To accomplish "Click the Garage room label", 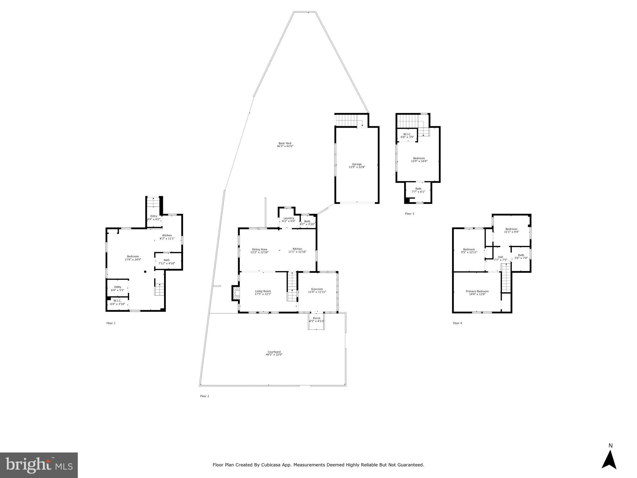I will tap(357, 164).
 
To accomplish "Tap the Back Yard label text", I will tap(285, 143).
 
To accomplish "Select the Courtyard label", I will tap(274, 352).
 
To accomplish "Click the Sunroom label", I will tap(317, 289).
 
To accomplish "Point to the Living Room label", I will tap(263, 291).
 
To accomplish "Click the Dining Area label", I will tap(259, 249).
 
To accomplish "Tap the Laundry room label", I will tap(288, 218).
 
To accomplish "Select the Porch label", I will tap(316, 318).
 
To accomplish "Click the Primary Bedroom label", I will tap(477, 291).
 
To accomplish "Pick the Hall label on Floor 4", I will tap(500, 257).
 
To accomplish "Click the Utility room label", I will tap(117, 287).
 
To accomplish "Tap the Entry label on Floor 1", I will tap(154, 216).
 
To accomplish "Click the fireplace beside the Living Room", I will tap(236, 293).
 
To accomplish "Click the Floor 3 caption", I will tap(409, 214).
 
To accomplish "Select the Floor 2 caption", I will tap(204, 396).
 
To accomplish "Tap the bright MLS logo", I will tap(39, 465).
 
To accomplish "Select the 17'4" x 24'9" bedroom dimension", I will tap(133, 260).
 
